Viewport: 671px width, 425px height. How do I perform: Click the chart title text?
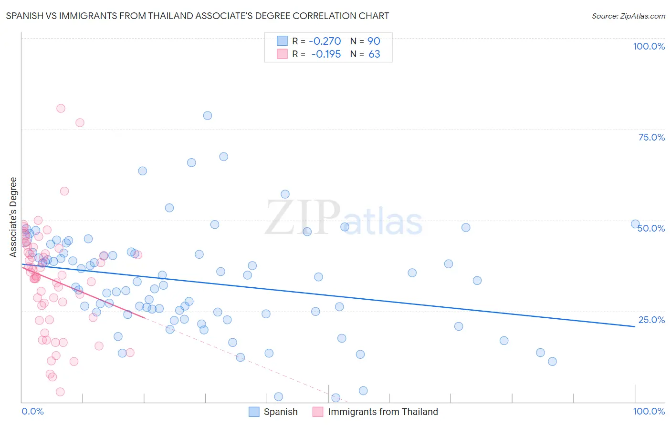pos(198,16)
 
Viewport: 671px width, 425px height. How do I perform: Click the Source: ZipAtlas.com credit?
pos(628,16)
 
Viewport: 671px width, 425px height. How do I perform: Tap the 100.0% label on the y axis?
pos(649,46)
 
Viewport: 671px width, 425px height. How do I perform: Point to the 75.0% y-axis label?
pos(651,137)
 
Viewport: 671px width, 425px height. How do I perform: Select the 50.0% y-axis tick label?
pos(651,228)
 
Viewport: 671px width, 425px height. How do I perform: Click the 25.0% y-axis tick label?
pos(651,320)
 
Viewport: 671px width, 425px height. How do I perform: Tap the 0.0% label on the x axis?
pos(32,411)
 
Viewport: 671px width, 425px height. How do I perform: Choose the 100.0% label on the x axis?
pos(649,411)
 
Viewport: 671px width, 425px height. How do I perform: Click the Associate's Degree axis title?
pos(13,217)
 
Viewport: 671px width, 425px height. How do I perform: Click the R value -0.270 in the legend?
pos(325,41)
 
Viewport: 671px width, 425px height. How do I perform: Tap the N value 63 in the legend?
pos(374,54)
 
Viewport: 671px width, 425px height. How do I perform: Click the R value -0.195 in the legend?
pos(325,54)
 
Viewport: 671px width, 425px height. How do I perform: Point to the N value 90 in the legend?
pos(374,41)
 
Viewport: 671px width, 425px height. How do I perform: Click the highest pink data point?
pos(61,108)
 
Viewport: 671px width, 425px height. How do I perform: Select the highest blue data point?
pos(207,115)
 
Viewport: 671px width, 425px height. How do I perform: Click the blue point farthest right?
pos(635,224)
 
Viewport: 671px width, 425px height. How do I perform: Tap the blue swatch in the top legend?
pos(282,41)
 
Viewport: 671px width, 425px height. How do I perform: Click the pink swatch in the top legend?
pos(282,54)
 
